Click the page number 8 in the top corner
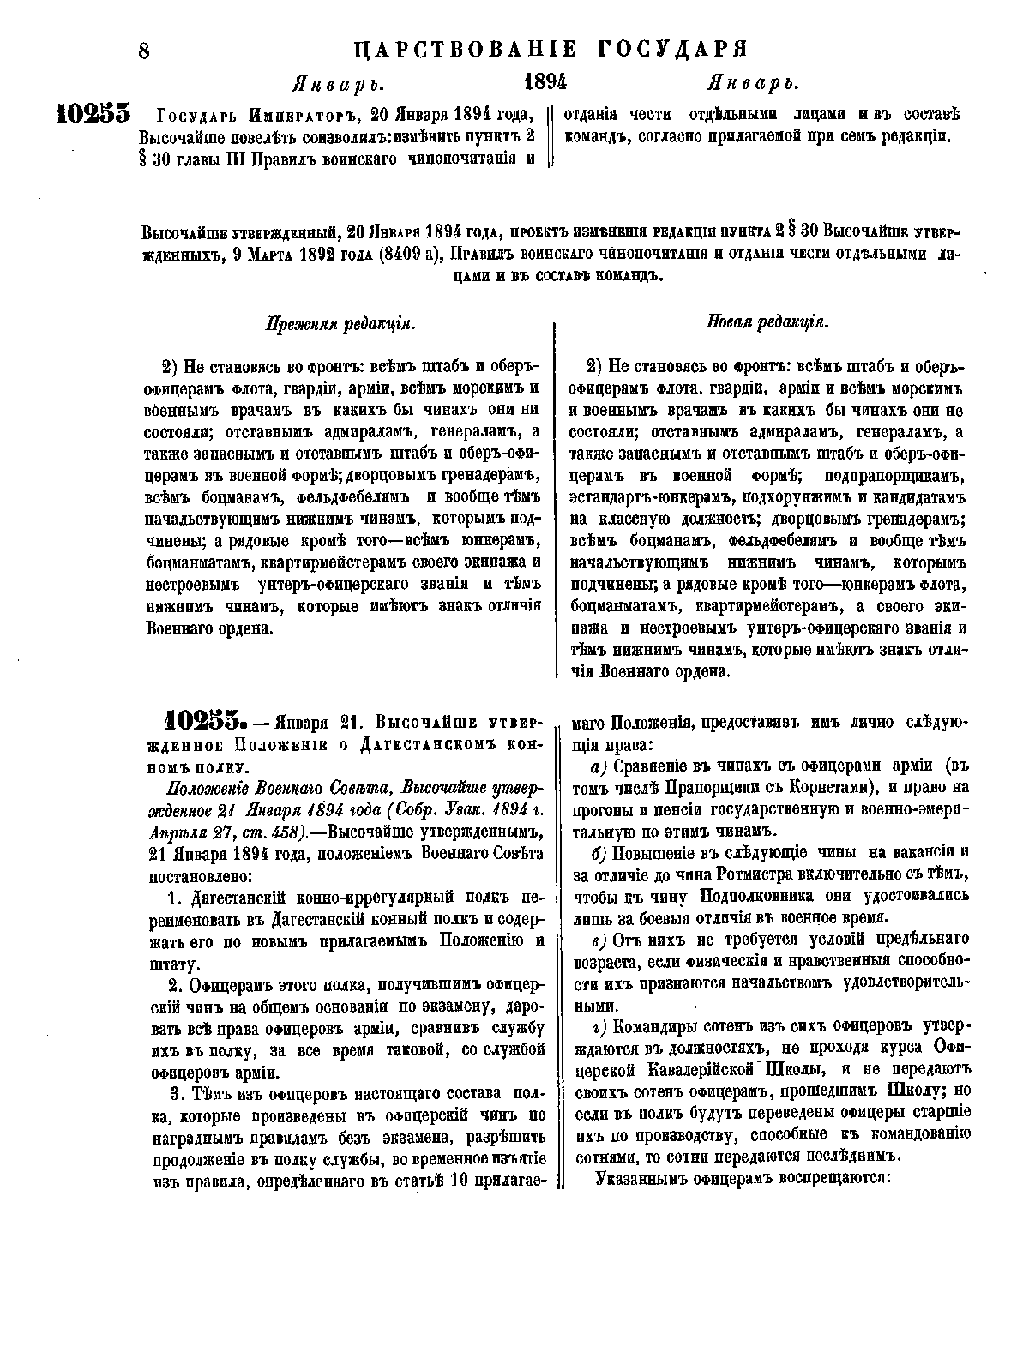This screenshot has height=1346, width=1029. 144,51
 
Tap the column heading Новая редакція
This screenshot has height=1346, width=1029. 767,323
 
